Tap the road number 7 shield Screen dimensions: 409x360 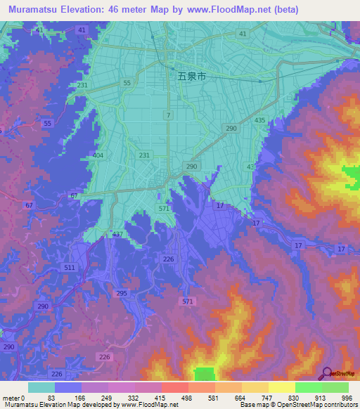point(168,115)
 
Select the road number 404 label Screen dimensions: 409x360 point(98,155)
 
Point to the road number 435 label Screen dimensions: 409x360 point(260,121)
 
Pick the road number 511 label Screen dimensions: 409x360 point(69,268)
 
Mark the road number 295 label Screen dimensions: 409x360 point(122,293)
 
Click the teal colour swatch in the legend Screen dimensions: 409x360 point(41,387)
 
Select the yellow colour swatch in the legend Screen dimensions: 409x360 point(281,387)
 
